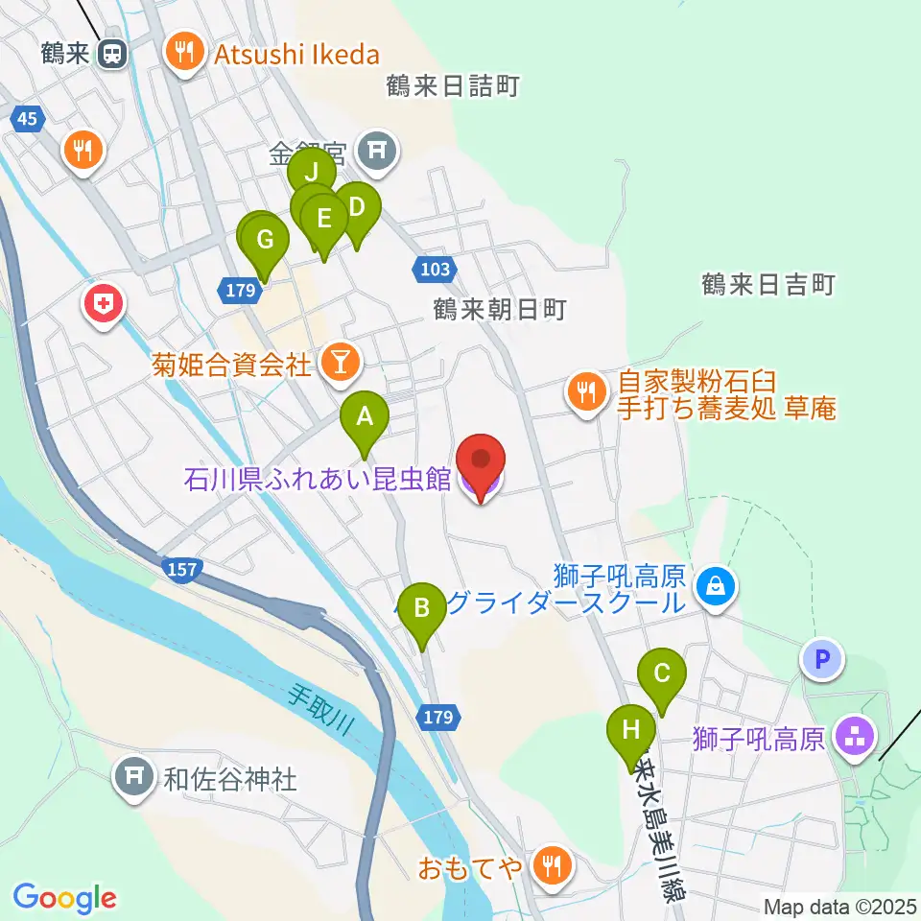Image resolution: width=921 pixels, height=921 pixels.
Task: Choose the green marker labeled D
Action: [x=356, y=207]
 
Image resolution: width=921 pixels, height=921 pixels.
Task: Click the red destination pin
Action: [x=480, y=463]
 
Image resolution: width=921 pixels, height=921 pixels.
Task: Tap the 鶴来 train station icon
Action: [x=113, y=54]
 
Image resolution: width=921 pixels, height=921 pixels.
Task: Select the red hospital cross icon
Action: [x=104, y=306]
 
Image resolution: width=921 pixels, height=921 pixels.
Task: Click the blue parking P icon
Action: [x=821, y=659]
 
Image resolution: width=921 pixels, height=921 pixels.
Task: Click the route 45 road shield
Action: [x=29, y=118]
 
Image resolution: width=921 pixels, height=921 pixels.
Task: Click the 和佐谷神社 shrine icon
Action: [x=133, y=777]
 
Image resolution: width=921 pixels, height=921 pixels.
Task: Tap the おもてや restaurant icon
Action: [x=551, y=867]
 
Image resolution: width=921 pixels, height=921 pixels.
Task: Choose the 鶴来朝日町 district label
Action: [x=500, y=309]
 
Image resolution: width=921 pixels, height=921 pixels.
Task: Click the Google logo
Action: [x=64, y=898]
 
